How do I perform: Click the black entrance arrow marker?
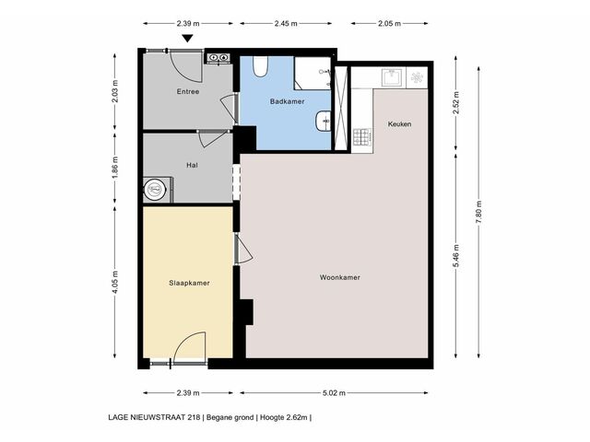(187, 39)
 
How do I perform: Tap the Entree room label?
(188, 91)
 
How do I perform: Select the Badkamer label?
(287, 101)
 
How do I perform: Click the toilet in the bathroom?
(260, 66)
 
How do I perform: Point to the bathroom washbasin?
(324, 121)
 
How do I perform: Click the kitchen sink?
(394, 77)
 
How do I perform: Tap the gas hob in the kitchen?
(362, 137)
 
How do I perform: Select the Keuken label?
(399, 124)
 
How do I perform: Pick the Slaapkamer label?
(189, 283)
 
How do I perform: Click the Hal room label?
(192, 165)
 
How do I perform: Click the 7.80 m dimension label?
(478, 213)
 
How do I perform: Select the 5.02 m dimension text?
(334, 393)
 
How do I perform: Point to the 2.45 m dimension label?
(286, 23)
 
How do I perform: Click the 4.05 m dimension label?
(115, 283)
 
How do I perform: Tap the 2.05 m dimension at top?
(389, 23)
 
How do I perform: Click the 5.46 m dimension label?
(456, 256)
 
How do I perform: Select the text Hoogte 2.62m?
(284, 417)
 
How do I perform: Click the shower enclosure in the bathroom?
(313, 74)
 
